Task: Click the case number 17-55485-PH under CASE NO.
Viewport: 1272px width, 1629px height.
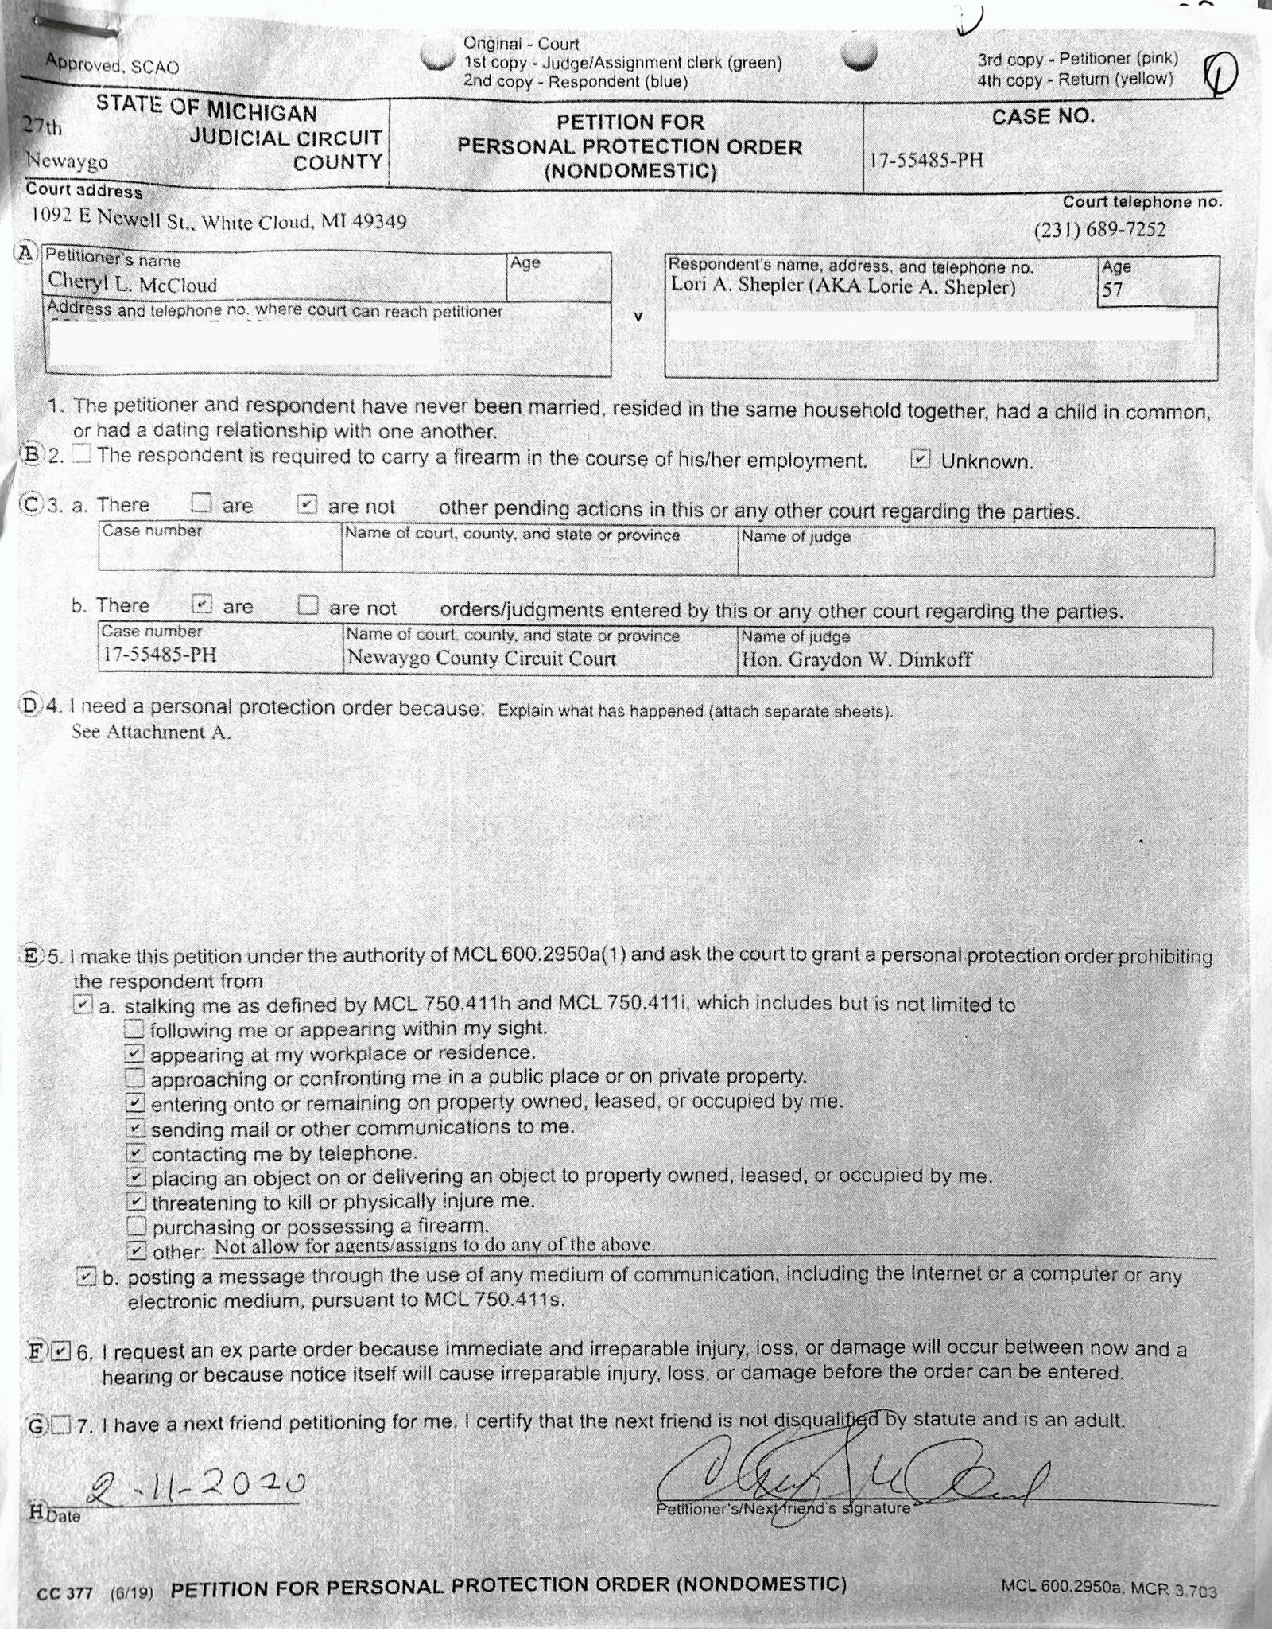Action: pyautogui.click(x=925, y=160)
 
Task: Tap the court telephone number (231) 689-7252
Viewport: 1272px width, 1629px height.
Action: pyautogui.click(x=1099, y=230)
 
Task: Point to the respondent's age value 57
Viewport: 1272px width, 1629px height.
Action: pyautogui.click(x=1112, y=289)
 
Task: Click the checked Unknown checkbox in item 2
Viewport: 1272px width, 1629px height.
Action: pyautogui.click(x=920, y=460)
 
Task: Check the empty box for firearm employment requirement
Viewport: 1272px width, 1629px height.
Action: pyautogui.click(x=83, y=455)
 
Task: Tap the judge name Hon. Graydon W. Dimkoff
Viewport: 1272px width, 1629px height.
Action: pyautogui.click(x=856, y=659)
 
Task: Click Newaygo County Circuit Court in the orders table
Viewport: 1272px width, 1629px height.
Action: pyautogui.click(x=482, y=659)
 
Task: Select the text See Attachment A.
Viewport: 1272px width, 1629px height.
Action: pyautogui.click(x=151, y=732)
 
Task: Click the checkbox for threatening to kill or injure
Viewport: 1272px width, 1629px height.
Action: pyautogui.click(x=137, y=1200)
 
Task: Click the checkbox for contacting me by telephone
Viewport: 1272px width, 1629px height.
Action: pyautogui.click(x=137, y=1152)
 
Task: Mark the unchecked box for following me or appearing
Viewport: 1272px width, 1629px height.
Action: pyautogui.click(x=135, y=1029)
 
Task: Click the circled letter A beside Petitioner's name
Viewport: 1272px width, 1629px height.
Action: pyautogui.click(x=26, y=254)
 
